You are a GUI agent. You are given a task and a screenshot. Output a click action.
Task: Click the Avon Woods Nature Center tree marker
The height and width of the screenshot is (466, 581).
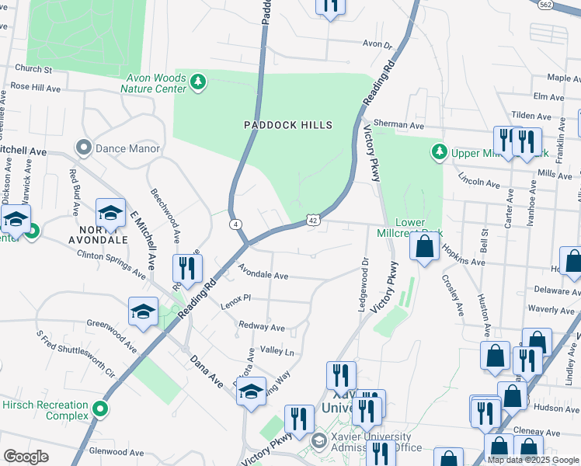click(x=198, y=82)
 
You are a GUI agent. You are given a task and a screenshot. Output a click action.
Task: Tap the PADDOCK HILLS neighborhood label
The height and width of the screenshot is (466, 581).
click(x=288, y=125)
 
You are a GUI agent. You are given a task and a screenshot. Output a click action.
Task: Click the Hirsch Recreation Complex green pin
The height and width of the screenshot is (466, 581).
click(x=99, y=408)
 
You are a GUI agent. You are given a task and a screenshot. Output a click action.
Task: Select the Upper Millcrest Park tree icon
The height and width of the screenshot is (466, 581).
click(x=440, y=151)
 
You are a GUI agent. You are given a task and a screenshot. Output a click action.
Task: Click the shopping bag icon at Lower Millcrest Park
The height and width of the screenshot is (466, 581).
click(x=425, y=249)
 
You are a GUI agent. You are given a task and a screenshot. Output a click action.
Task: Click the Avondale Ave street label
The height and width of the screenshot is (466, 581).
click(x=263, y=275)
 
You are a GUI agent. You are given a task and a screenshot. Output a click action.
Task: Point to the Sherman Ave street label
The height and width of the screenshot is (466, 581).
click(x=398, y=124)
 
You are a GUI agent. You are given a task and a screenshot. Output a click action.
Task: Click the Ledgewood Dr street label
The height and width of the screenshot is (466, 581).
click(x=362, y=285)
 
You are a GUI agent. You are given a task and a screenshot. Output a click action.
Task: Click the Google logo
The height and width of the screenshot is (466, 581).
click(x=26, y=457)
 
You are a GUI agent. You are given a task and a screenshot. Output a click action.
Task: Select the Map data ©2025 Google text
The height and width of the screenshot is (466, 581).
click(x=533, y=459)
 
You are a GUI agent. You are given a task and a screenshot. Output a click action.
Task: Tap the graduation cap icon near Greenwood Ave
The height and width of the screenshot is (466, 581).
click(x=144, y=312)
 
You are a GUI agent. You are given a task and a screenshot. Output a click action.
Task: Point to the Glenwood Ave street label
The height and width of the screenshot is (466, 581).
click(x=118, y=450)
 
